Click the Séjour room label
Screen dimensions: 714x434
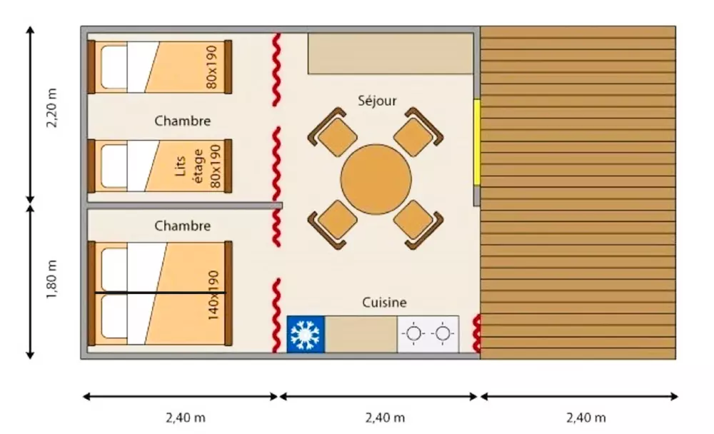click(x=377, y=101)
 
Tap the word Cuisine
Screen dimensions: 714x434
click(x=384, y=303)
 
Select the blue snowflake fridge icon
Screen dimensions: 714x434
click(x=306, y=334)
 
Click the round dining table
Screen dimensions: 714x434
click(x=376, y=179)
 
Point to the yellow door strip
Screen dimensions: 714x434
click(x=477, y=143)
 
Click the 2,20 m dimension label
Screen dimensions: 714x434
click(x=52, y=108)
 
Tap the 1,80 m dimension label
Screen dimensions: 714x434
click(x=52, y=279)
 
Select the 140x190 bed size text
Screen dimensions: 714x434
click(x=213, y=295)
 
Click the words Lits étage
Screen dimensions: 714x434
click(x=188, y=166)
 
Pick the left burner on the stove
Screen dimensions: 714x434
click(x=413, y=333)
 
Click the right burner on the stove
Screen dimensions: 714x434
click(x=443, y=333)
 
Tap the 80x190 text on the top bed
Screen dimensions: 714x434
click(x=212, y=67)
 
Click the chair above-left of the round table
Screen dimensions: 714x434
click(x=333, y=131)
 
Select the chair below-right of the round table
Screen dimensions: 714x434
click(x=418, y=225)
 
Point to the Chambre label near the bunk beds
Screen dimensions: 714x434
click(x=182, y=121)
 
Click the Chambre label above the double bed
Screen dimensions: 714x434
click(x=182, y=226)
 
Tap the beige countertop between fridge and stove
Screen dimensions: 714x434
click(x=361, y=334)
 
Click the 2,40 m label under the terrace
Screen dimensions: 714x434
click(x=586, y=418)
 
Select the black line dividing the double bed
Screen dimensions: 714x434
click(x=160, y=293)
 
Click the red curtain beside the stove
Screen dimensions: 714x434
click(x=477, y=334)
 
